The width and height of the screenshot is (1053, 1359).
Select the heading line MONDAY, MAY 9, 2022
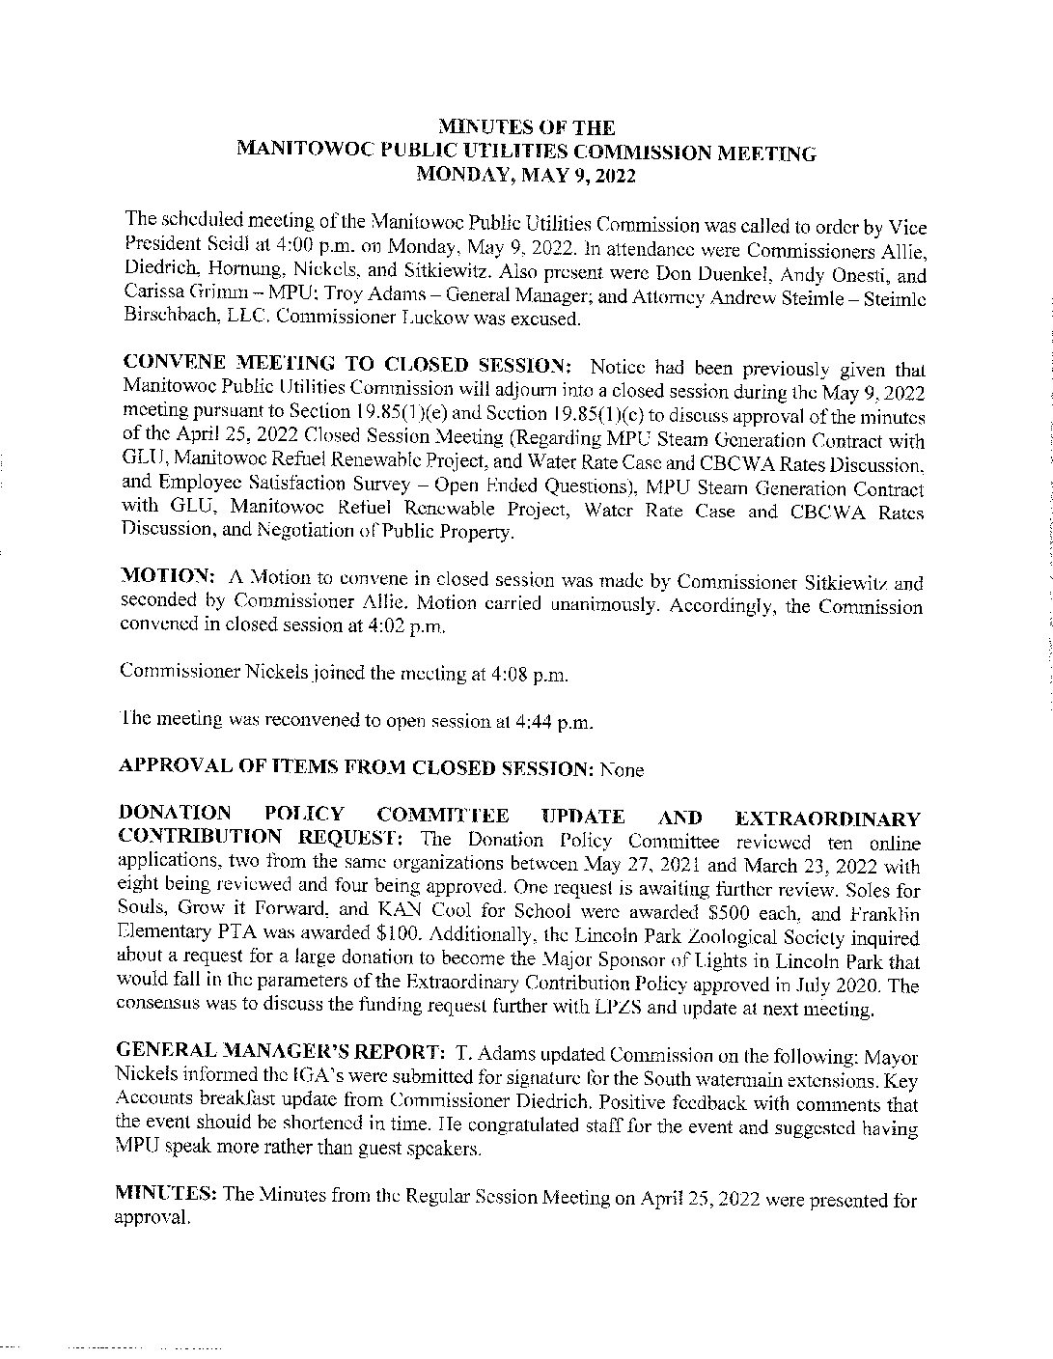pyautogui.click(x=525, y=176)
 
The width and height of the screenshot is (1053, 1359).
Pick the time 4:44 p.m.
pyautogui.click(x=545, y=721)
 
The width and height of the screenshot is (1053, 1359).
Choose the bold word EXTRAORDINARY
pyautogui.click(x=827, y=819)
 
